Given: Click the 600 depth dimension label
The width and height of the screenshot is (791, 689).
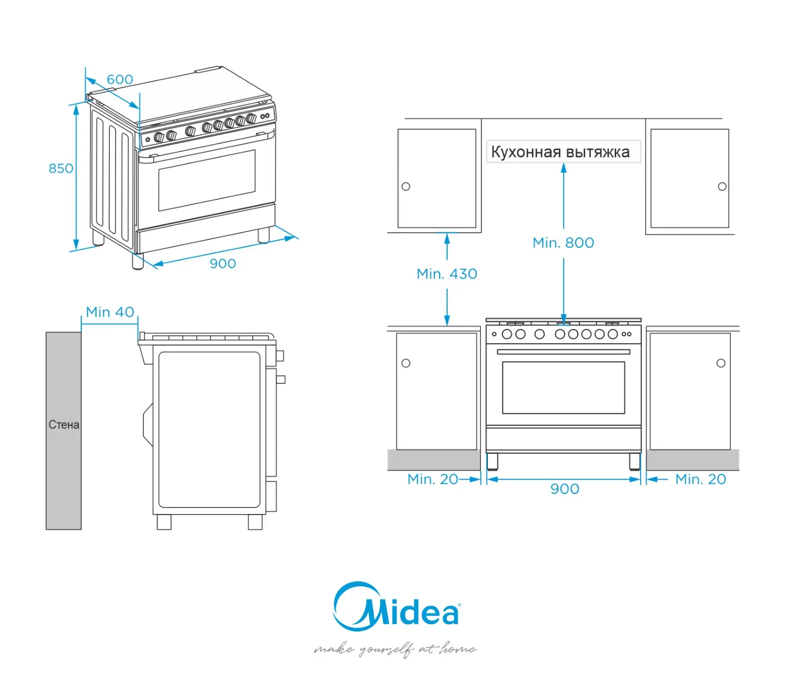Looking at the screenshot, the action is click(x=120, y=80).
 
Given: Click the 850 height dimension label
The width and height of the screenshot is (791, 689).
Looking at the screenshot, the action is click(x=61, y=169).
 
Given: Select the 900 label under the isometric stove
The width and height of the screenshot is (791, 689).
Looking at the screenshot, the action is click(x=223, y=264).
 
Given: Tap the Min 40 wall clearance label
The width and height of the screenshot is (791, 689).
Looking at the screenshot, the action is click(x=110, y=312).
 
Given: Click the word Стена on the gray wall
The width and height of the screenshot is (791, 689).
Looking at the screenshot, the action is click(x=64, y=425).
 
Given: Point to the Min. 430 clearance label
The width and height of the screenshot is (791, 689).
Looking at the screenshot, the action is click(x=447, y=274).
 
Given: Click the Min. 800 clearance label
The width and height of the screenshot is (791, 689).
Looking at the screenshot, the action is click(x=563, y=242).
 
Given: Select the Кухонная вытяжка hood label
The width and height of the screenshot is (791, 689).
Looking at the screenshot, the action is click(x=560, y=152).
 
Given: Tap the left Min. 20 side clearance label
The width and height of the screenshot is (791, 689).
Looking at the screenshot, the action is click(x=432, y=479).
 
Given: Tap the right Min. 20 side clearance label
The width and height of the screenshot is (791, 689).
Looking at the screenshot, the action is click(x=700, y=479).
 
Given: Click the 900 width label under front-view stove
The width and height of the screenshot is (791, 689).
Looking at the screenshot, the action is click(x=565, y=489).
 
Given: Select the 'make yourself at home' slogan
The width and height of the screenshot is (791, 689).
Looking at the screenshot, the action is click(x=395, y=649).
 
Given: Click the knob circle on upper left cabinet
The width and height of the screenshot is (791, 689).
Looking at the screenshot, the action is click(x=406, y=187).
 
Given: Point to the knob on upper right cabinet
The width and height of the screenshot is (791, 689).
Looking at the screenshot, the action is click(x=722, y=187).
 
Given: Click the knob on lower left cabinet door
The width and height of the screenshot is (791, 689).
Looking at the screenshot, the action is click(x=406, y=363).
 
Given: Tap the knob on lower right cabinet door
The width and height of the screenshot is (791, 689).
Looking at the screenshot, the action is click(x=721, y=363).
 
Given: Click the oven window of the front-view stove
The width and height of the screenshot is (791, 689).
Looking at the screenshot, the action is click(x=563, y=387).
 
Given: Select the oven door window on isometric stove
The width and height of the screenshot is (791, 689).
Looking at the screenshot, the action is click(x=206, y=180).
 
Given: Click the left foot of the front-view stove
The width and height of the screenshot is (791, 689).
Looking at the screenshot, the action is click(x=492, y=461).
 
